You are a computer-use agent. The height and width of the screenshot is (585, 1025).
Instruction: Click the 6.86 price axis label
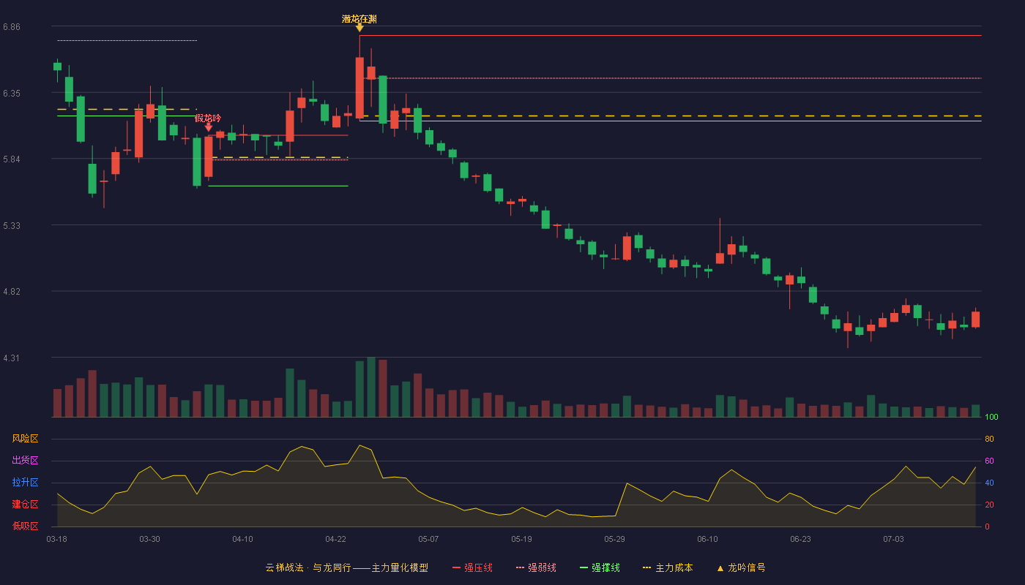click(12, 27)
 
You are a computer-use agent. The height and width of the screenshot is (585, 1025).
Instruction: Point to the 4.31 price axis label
click(12, 358)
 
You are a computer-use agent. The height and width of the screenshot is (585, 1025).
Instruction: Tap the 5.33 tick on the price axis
click(12, 226)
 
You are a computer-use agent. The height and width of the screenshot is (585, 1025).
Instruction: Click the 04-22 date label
click(335, 540)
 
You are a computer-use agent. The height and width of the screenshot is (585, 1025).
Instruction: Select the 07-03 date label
click(893, 540)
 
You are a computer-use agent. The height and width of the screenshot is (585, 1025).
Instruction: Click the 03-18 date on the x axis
click(57, 540)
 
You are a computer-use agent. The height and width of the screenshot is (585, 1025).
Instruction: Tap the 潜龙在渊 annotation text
click(359, 19)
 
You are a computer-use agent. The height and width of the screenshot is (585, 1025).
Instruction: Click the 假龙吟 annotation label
click(208, 118)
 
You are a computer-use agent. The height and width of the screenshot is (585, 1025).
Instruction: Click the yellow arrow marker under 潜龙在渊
click(359, 29)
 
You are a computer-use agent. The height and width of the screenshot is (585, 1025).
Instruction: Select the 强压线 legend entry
click(472, 567)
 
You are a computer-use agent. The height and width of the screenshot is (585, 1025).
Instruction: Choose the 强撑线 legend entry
click(600, 567)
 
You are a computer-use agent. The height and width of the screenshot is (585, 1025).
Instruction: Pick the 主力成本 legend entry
click(668, 567)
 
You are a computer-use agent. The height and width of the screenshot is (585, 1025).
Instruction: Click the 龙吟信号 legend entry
click(741, 567)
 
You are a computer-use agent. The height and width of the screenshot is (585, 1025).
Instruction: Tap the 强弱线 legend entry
click(536, 567)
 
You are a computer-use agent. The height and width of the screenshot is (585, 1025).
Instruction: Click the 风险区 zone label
click(25, 439)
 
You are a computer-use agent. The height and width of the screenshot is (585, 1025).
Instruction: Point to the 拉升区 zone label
click(25, 483)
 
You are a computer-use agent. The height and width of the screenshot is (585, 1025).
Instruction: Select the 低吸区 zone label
click(25, 526)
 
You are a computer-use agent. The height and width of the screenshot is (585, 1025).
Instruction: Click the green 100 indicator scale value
click(991, 417)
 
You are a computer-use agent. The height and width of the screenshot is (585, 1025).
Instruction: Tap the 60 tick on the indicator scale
click(989, 461)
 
